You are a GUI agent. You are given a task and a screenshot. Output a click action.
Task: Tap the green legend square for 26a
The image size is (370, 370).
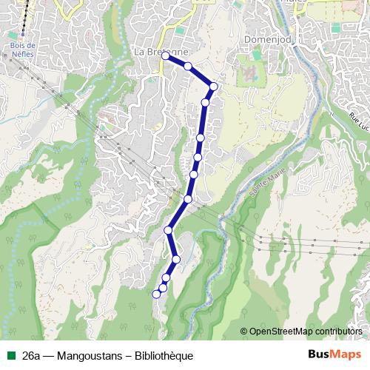11,356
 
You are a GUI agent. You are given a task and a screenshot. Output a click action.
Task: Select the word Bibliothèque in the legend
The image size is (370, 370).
158,356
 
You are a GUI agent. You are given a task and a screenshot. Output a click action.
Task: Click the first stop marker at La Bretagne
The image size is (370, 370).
165,55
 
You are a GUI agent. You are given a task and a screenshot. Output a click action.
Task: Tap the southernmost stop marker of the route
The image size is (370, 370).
156,294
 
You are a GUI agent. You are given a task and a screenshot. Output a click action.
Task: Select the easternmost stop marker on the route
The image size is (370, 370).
214,87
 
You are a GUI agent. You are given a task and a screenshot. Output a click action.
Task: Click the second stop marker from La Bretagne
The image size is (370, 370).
188,67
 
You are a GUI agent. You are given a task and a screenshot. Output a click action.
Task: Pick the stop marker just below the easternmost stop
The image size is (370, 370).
206,102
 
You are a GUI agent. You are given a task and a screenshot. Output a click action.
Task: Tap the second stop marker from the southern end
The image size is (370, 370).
162,287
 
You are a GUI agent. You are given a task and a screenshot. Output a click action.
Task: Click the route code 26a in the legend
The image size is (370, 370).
31,356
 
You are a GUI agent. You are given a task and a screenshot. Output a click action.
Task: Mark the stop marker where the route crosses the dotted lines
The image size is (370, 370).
188,199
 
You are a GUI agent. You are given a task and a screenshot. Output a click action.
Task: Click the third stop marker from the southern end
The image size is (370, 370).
166,277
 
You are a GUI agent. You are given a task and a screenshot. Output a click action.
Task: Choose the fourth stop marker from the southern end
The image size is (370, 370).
176,258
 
